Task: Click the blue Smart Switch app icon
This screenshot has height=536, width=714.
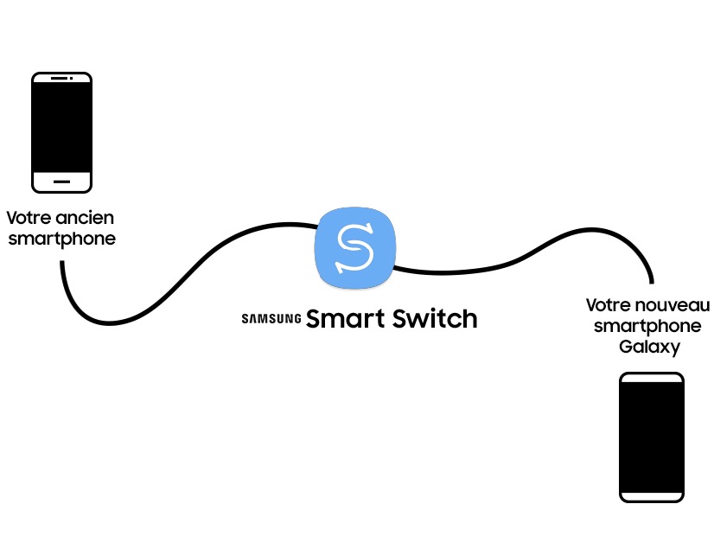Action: tap(354, 248)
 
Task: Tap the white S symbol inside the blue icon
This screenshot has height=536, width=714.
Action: tap(354, 248)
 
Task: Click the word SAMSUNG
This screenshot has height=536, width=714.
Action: tap(271, 318)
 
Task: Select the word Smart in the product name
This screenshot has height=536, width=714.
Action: tap(345, 318)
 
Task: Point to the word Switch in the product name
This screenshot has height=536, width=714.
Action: tap(435, 318)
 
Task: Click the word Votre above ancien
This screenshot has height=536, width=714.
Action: tap(29, 218)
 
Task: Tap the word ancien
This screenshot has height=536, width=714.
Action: tap(85, 218)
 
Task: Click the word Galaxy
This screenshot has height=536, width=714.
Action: tap(649, 347)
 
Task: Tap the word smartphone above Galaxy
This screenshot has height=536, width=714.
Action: tap(647, 326)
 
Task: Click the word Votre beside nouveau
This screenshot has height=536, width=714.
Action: tap(609, 305)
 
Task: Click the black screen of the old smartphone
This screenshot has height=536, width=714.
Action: tap(62, 127)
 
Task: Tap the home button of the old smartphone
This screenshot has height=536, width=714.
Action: tap(62, 182)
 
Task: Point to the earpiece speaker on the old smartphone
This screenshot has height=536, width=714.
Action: tap(59, 79)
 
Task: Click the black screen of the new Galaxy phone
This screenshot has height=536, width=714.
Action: tap(652, 437)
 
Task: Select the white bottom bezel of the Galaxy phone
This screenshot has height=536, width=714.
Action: tap(652, 496)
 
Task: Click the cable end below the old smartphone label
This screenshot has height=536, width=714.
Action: tap(62, 263)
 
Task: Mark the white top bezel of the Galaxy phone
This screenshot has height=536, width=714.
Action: tap(652, 378)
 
